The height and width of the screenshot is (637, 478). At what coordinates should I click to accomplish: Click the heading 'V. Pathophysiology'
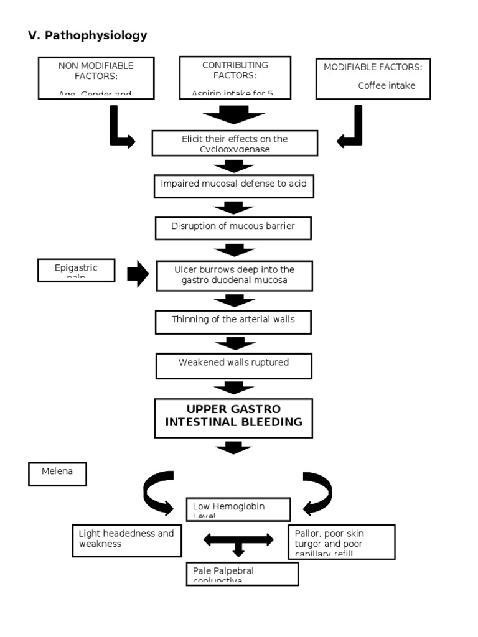point(88,35)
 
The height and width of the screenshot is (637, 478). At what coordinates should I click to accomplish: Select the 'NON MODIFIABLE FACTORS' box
point(96,78)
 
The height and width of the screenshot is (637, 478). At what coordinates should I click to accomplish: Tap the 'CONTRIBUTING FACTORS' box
point(235,78)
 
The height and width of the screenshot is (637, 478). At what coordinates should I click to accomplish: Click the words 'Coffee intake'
point(387,86)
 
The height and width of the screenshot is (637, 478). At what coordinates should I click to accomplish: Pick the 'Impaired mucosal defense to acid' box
point(233,185)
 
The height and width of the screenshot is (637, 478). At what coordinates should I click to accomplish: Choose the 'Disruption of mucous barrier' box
point(233,228)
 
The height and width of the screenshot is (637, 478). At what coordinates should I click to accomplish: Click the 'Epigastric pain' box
point(76,271)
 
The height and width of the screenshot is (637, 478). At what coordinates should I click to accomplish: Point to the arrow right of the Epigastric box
point(138,274)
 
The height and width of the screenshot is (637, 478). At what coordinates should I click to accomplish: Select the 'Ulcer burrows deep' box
point(233,276)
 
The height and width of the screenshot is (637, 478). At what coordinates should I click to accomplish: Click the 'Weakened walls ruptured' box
point(233,365)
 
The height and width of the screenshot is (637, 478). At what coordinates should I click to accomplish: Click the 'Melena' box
point(57,473)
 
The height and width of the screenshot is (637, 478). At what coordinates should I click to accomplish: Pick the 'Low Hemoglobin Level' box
point(238,509)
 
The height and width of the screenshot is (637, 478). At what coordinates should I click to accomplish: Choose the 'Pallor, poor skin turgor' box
point(342,542)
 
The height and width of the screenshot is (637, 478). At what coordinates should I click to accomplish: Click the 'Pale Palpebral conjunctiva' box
point(241,574)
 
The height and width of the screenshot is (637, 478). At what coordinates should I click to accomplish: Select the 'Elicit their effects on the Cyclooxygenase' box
point(235,142)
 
